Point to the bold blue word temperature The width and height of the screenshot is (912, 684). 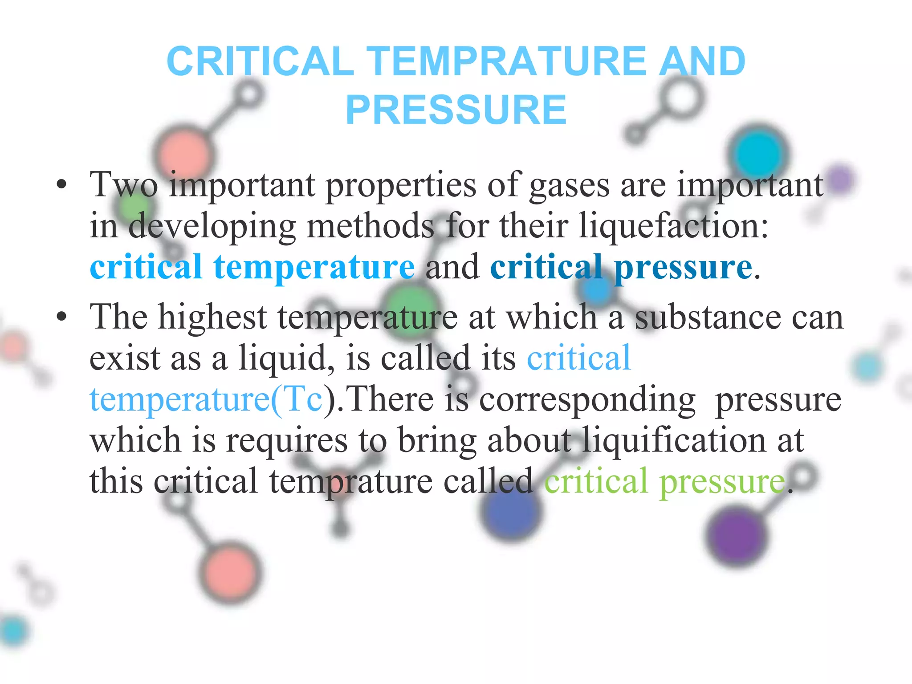pyautogui.click(x=314, y=267)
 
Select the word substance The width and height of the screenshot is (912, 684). pyautogui.click(x=708, y=318)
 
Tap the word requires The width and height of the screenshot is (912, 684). pyautogui.click(x=287, y=440)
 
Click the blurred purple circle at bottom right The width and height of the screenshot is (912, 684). pyautogui.click(x=737, y=536)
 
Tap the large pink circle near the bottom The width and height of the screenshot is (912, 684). pyautogui.click(x=230, y=573)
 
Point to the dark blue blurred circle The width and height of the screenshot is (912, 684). pyautogui.click(x=511, y=511)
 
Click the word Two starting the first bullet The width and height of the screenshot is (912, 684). pyautogui.click(x=124, y=184)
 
